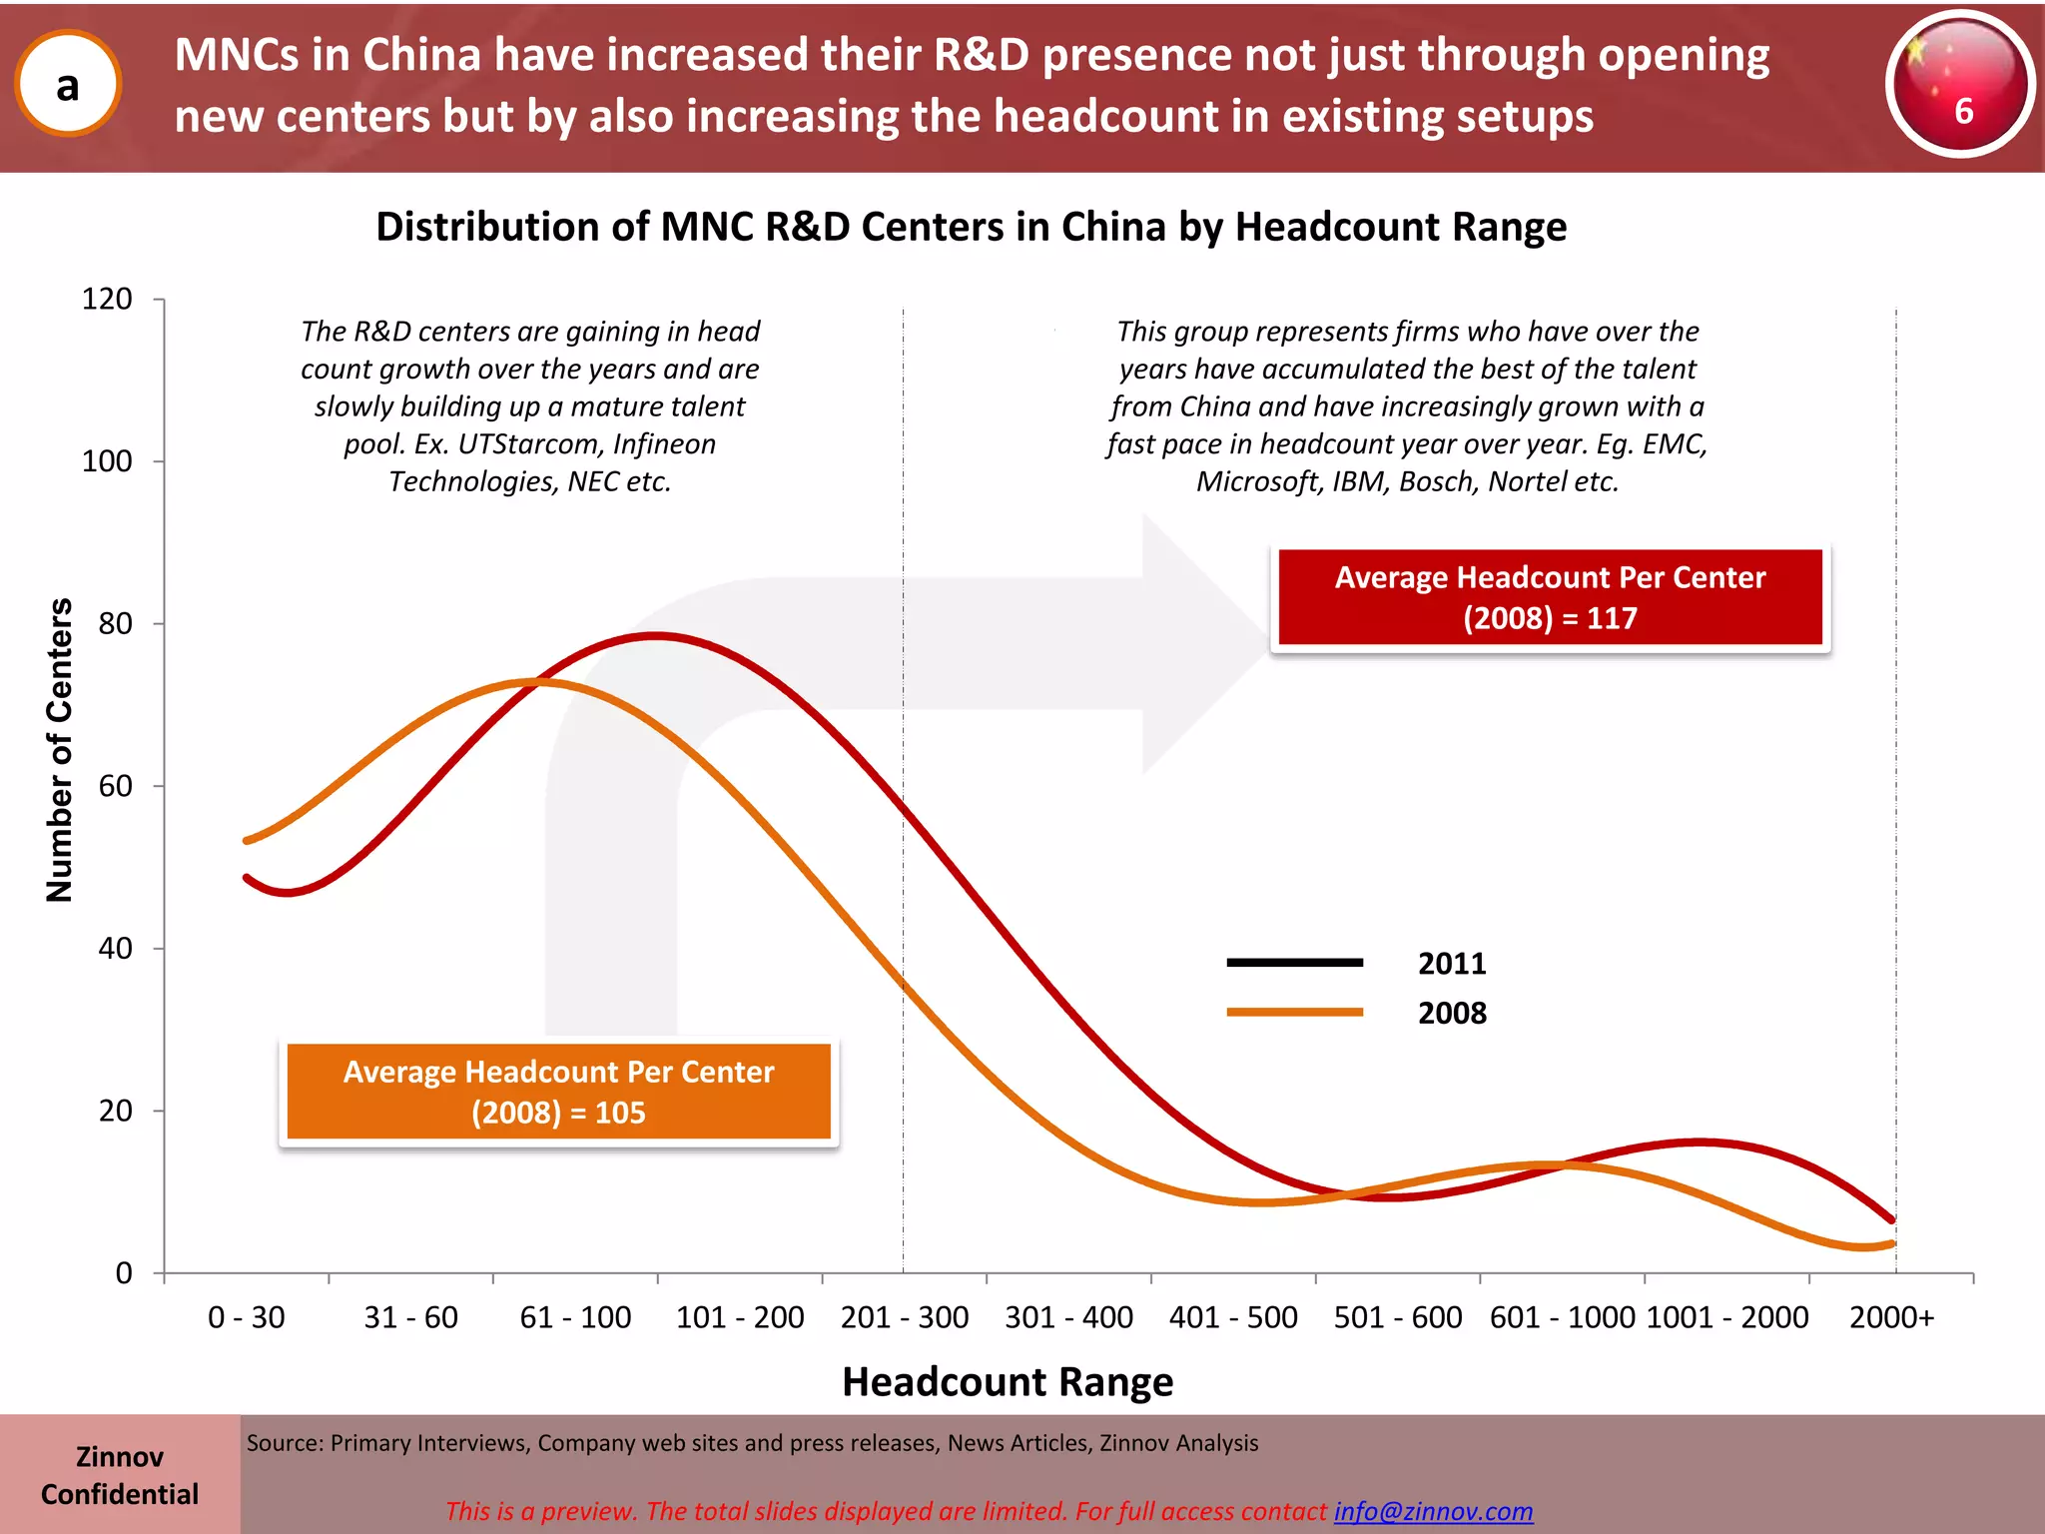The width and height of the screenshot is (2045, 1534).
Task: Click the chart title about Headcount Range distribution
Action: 971,228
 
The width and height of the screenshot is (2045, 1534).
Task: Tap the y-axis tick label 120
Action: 107,299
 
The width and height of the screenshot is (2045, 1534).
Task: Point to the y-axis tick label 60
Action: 116,786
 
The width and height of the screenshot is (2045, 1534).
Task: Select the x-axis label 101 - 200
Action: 740,1317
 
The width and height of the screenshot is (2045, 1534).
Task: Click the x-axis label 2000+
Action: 1891,1317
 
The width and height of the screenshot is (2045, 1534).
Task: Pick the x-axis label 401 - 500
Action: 1233,1317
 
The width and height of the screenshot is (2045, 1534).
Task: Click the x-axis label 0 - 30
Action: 246,1317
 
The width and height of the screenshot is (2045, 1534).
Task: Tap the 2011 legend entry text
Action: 1452,964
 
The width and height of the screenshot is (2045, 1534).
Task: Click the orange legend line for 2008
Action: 1294,1013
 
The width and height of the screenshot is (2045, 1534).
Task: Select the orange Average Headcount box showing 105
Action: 558,1092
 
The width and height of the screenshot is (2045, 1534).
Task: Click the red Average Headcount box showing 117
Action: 1550,597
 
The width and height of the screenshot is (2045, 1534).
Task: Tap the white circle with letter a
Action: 68,85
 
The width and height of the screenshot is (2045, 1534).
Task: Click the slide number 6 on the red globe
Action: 1962,110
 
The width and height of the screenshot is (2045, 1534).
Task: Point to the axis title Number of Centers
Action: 60,749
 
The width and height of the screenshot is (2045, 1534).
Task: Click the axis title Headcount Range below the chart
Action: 1008,1382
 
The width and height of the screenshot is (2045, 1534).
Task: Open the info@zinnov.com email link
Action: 1433,1511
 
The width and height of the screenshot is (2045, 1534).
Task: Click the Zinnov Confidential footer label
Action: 120,1475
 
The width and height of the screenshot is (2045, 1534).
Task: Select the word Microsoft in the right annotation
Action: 1259,481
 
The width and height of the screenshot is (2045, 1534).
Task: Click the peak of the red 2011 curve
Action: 655,635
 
